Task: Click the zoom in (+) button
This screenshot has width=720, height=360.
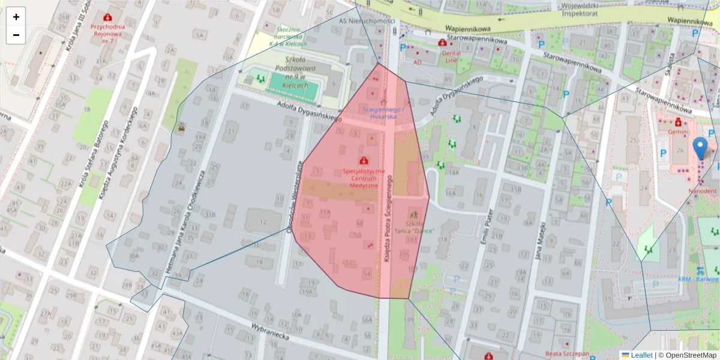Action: [16, 17]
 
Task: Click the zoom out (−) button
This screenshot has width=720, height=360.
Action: [16, 35]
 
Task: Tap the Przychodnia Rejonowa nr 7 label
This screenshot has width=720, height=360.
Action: [107, 30]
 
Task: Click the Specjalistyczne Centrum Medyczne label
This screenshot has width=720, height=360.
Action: [364, 178]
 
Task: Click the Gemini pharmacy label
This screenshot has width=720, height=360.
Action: [678, 131]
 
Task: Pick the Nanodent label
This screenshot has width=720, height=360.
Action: [702, 191]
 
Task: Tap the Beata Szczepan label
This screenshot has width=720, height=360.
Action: [568, 354]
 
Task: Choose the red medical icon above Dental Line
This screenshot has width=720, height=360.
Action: [443, 43]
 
